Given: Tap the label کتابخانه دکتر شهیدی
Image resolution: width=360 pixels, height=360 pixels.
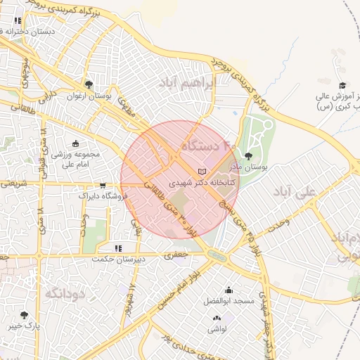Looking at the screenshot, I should pos(203,182).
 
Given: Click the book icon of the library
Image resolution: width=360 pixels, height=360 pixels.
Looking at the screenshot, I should pos(202,172).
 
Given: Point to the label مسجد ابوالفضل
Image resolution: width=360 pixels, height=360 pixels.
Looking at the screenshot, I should pos(229,300).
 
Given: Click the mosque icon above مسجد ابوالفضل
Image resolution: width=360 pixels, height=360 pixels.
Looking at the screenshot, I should pos(229,290).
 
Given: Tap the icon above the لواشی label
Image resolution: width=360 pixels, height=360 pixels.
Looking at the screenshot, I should pos(215,319).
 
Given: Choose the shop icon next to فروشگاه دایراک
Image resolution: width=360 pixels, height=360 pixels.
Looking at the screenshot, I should pos(103,186).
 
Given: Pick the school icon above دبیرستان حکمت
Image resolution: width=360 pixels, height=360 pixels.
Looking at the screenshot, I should pos(118,248).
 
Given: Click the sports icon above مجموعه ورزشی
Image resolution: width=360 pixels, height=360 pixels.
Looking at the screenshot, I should pos(77,143).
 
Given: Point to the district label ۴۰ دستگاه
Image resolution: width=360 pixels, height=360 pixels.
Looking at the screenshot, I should pos(210,146).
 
